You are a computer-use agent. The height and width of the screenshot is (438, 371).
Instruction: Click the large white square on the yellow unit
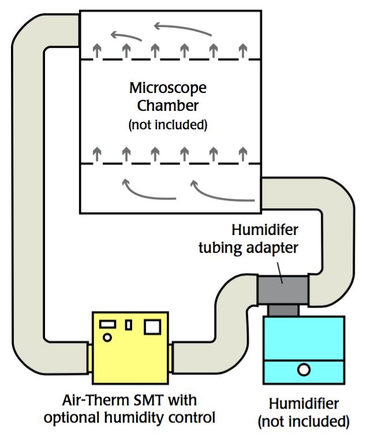152,327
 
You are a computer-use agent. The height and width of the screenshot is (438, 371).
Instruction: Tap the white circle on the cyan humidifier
303,369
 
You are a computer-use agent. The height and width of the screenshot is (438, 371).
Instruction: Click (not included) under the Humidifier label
303,421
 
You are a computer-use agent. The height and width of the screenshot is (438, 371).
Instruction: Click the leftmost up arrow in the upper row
98,51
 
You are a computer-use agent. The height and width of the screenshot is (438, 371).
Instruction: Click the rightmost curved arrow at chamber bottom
222,193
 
